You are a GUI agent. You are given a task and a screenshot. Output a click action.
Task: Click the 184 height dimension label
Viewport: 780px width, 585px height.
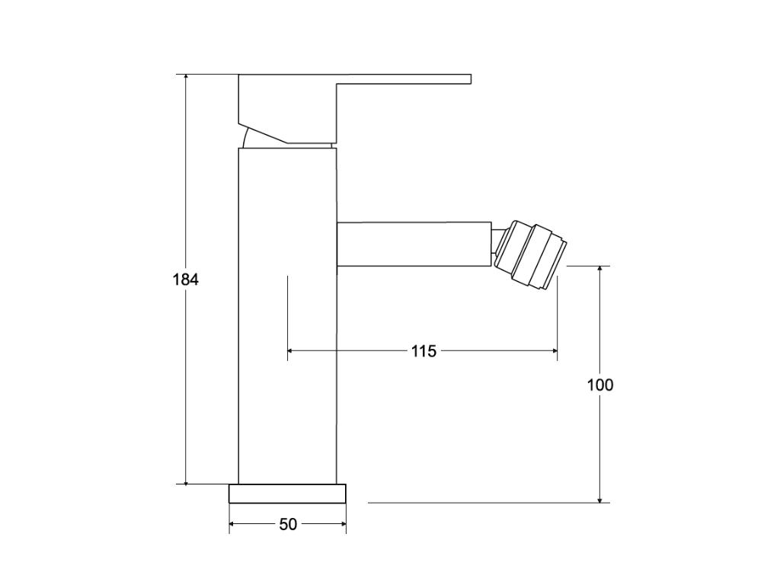point(186,280)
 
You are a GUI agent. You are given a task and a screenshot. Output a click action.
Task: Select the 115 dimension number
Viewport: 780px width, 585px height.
point(424,351)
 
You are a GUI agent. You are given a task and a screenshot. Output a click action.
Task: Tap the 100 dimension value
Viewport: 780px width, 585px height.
point(600,385)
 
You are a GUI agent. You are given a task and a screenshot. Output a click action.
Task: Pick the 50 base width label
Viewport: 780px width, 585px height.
point(288,524)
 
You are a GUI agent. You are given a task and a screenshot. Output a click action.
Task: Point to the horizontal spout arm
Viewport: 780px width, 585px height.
point(414,245)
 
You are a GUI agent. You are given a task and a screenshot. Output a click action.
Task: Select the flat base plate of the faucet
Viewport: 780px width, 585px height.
point(287,494)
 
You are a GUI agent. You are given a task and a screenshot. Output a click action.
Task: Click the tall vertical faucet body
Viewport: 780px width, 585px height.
point(287,316)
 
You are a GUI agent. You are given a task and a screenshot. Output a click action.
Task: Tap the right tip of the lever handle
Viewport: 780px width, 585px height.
point(471,79)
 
